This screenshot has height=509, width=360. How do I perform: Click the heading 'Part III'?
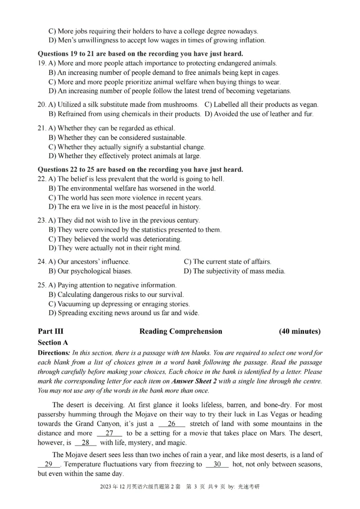pos(50,331)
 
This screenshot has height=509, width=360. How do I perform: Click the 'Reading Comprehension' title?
pos(180,331)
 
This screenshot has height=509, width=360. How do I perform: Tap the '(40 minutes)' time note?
pos(300,331)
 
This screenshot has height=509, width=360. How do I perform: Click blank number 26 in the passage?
pos(171,424)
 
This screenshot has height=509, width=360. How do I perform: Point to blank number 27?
pos(109,433)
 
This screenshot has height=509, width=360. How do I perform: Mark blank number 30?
pos(217,464)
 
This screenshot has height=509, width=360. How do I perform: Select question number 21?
pos(42,128)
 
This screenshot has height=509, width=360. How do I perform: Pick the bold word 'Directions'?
pos(53,353)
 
